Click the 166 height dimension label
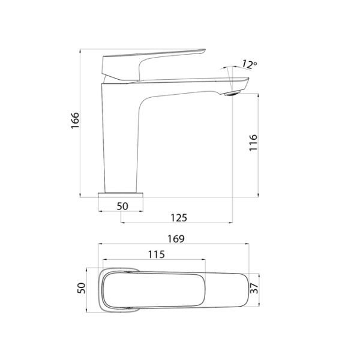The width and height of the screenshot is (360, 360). pos(74,124)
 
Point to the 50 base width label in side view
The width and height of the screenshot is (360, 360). pos(122,206)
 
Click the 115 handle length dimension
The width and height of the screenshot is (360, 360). pos(156,254)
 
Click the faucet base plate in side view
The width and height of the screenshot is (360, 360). pos(122,195)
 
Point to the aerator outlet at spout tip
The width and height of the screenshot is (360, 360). pos(231,92)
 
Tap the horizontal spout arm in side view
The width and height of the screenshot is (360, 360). pos(186,84)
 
